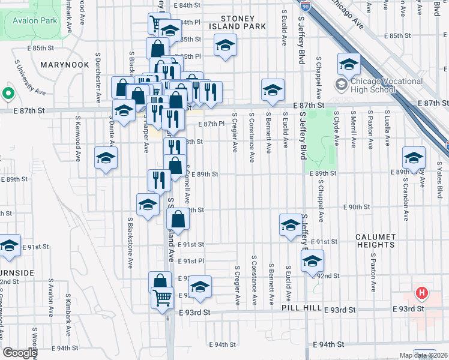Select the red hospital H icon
pos(423,293)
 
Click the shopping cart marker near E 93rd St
pos(162,296)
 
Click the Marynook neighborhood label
pos(61,63)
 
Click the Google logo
pos(20,353)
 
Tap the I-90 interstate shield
pos(305,6)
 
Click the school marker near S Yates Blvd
pos(414,157)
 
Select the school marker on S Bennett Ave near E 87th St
pos(272,89)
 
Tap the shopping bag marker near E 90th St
pos(178,218)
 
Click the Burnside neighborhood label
pos(16,272)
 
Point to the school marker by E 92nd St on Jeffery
pos(312,260)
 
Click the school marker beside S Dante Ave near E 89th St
pos(106,157)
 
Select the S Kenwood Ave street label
pos(78,142)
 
